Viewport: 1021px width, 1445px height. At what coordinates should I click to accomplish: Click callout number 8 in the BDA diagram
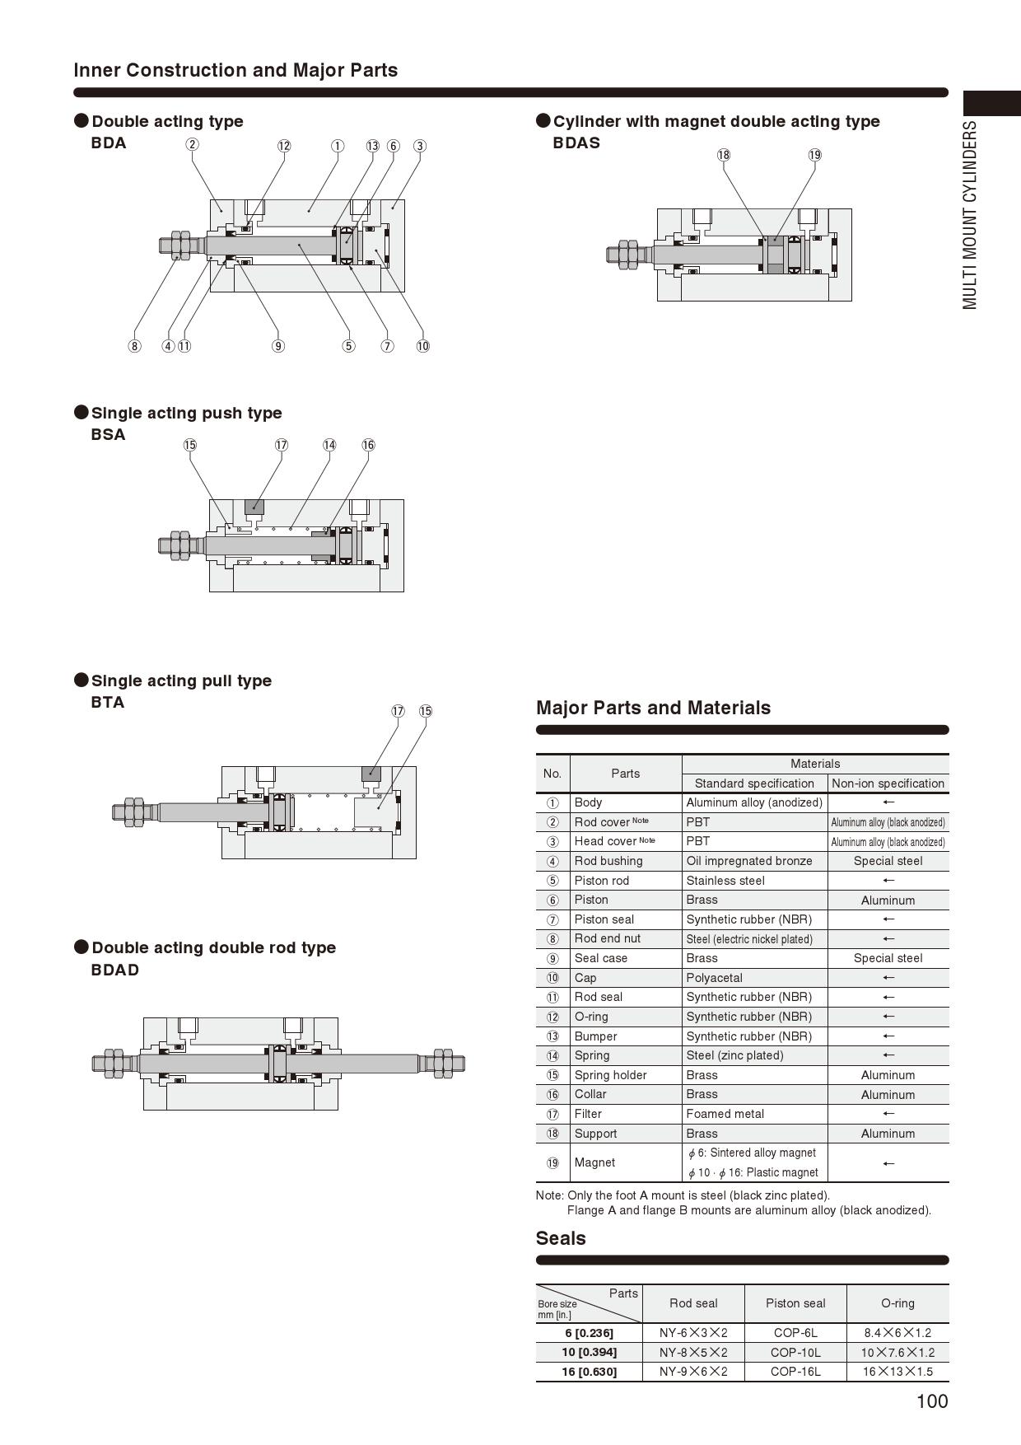coord(134,346)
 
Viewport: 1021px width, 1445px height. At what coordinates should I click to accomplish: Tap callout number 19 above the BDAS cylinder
coord(815,155)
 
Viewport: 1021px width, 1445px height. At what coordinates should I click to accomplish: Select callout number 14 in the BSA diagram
coord(329,445)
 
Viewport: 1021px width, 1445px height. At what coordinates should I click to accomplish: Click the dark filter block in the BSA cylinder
coord(254,507)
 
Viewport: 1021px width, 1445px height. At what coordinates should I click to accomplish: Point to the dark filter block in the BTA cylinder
coord(371,774)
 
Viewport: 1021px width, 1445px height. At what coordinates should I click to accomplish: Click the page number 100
coord(932,1401)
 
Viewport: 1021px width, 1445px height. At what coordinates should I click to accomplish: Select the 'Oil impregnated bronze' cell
coord(749,861)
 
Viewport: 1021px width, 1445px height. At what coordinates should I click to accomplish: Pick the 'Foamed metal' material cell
coord(725,1114)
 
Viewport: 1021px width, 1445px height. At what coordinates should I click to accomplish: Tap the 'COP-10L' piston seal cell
coord(795,1352)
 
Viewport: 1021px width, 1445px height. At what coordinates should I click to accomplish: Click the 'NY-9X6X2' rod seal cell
coord(693,1372)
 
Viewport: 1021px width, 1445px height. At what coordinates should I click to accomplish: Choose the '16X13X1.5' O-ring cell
coord(897,1372)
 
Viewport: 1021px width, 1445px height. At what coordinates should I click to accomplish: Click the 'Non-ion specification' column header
coord(888,783)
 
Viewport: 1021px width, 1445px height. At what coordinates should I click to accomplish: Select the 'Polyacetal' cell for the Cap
coord(715,978)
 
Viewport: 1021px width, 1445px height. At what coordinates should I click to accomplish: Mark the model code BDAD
coord(115,970)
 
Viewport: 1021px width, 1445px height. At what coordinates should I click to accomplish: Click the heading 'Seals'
coord(561,1238)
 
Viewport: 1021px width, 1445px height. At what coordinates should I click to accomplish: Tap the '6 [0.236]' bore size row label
coord(589,1333)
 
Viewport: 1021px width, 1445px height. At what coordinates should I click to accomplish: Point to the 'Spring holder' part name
coord(611,1075)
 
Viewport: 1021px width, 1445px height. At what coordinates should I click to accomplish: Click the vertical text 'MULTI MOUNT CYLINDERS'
coord(970,215)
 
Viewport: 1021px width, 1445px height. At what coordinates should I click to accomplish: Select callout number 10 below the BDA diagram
coord(422,346)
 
